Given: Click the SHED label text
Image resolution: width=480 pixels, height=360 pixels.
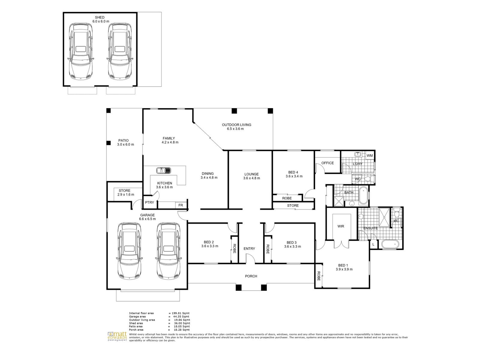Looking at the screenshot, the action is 100,17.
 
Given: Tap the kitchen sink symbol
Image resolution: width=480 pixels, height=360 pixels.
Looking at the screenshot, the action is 163,170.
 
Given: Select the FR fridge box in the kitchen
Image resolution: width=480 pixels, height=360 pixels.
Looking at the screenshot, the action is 180,205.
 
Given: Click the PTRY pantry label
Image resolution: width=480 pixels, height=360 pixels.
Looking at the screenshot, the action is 150,202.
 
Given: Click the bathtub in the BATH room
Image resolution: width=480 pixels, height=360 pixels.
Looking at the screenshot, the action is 364,196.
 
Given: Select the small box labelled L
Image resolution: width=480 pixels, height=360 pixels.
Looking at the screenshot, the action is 373,244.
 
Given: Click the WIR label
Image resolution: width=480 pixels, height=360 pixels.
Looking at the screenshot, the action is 341,226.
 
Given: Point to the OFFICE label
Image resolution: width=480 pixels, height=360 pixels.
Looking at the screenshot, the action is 328,163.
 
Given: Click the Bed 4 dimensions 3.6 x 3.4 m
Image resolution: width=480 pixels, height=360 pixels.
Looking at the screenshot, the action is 294,176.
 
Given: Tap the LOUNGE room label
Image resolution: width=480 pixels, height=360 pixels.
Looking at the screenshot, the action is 251,174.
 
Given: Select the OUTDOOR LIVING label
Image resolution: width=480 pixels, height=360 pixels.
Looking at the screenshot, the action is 237,125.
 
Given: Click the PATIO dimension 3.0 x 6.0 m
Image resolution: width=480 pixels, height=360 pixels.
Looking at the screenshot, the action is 125,145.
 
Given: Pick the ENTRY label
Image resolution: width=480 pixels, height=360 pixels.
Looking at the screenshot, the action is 249,248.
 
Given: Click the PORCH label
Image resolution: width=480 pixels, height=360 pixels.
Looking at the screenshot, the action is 251,276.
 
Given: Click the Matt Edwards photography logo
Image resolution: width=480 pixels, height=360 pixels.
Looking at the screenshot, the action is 117,337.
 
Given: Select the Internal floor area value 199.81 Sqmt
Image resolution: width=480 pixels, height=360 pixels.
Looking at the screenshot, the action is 181,313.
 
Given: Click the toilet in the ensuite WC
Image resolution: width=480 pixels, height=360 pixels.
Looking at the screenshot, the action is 397,213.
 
